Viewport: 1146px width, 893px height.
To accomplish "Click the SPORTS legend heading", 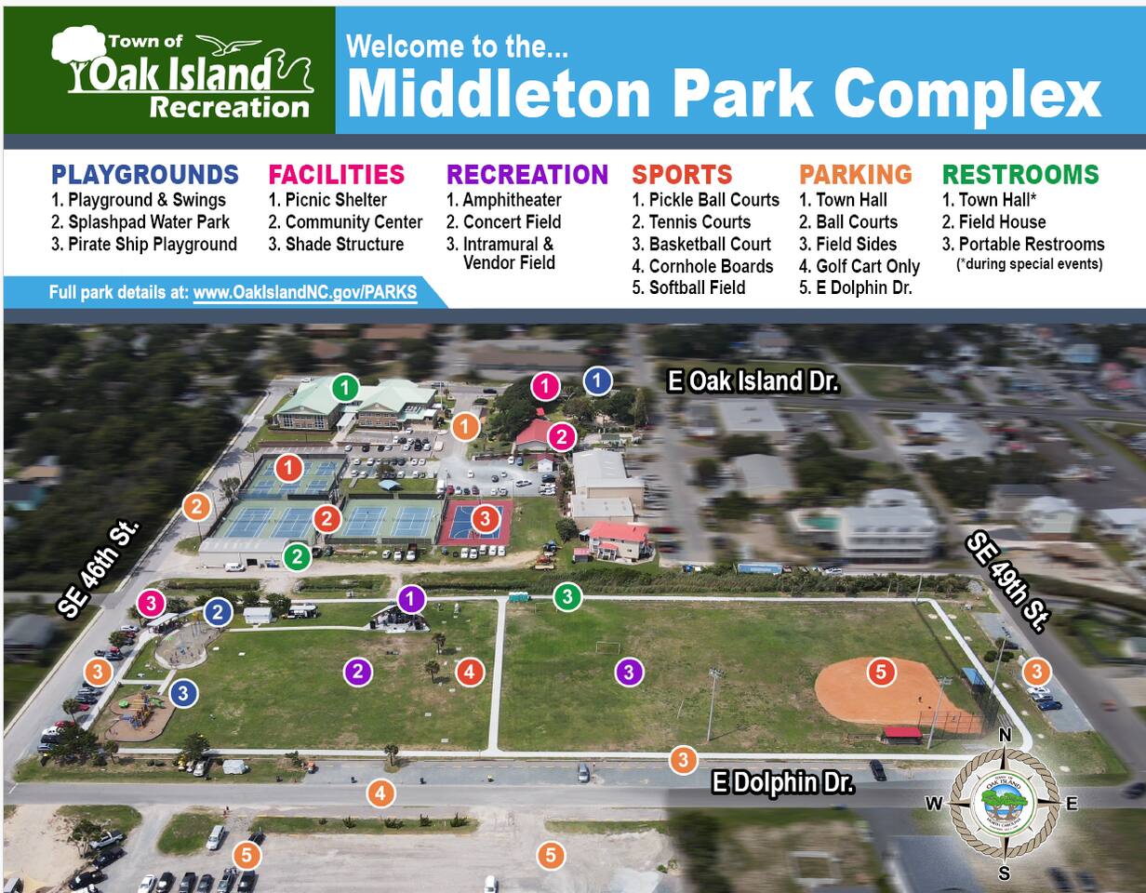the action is pyautogui.click(x=682, y=175).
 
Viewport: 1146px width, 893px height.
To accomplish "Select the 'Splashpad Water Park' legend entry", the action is pyautogui.click(x=140, y=222).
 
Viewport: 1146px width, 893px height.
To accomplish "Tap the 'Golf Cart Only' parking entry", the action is pyautogui.click(x=859, y=266).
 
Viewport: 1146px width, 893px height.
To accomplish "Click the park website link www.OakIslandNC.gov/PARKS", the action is pyautogui.click(x=305, y=293).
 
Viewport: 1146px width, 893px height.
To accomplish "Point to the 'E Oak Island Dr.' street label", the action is pyautogui.click(x=753, y=380).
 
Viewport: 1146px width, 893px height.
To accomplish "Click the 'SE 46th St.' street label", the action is pyautogui.click(x=99, y=568).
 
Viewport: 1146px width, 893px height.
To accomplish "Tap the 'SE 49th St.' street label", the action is pyautogui.click(x=1007, y=581).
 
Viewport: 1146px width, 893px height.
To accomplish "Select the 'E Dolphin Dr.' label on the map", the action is pyautogui.click(x=782, y=782).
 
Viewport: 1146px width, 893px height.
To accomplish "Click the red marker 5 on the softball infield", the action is pyautogui.click(x=881, y=673).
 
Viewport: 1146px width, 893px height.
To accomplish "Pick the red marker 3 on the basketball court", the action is pyautogui.click(x=486, y=519).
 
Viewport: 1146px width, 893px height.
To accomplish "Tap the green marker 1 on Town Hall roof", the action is pyautogui.click(x=345, y=389).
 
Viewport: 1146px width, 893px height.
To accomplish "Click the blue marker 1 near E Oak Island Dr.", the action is pyautogui.click(x=597, y=380).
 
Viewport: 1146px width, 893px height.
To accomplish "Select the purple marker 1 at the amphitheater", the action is pyautogui.click(x=411, y=599).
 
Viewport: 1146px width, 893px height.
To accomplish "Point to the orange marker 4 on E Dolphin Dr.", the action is pyautogui.click(x=380, y=793).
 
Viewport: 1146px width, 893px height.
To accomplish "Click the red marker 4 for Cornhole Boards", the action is pyautogui.click(x=470, y=673).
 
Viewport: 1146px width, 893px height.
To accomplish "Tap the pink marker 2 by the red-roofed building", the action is pyautogui.click(x=562, y=437).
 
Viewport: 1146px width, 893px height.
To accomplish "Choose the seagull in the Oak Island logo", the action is pyautogui.click(x=228, y=46).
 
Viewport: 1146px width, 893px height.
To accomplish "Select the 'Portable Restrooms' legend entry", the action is pyautogui.click(x=1031, y=244).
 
